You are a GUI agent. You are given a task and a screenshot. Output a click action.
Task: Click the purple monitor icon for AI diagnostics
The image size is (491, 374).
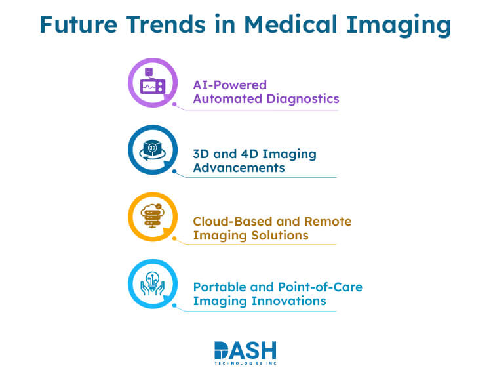click(152, 83)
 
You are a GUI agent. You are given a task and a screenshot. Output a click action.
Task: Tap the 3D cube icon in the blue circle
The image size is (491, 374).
click(152, 150)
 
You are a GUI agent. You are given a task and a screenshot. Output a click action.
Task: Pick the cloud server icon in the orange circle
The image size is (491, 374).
click(152, 218)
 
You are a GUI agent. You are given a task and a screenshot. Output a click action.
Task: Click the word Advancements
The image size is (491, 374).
click(239, 167)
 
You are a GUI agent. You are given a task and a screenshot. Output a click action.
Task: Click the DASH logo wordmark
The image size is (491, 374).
click(245, 350)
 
